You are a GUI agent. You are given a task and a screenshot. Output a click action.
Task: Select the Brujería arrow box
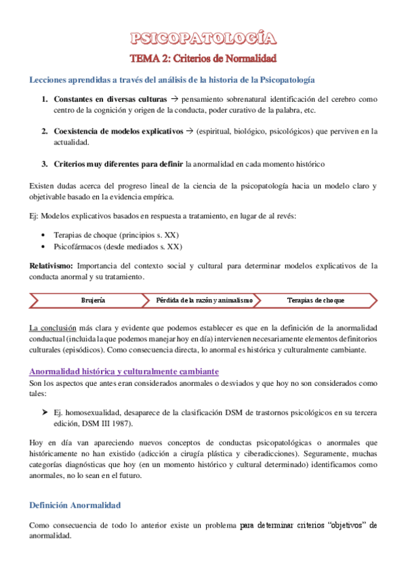(x=93, y=299)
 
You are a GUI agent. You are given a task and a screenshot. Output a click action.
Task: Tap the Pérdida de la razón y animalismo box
(x=204, y=299)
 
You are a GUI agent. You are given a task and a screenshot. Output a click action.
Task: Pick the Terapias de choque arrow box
(x=315, y=299)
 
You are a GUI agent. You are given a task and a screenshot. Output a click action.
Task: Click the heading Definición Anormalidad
(x=75, y=505)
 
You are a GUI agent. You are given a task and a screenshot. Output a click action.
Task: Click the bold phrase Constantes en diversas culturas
(x=110, y=99)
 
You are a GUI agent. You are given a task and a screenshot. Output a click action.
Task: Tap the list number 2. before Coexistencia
(x=44, y=131)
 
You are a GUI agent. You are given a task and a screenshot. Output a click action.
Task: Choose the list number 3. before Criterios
(x=44, y=163)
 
